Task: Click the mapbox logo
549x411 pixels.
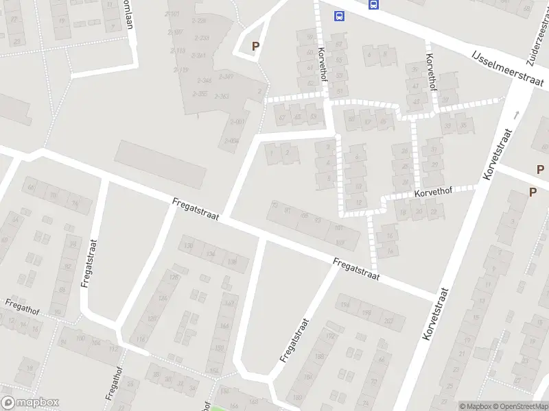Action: point(30,403)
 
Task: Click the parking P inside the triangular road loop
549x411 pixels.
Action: point(255,47)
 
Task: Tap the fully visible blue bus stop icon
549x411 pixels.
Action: point(339,16)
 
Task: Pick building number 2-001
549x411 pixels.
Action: point(237,122)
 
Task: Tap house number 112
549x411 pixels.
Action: point(114,348)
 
